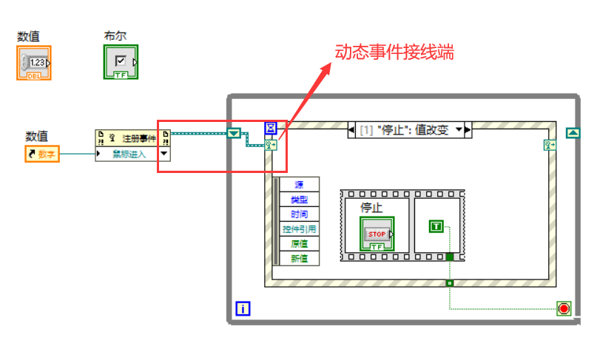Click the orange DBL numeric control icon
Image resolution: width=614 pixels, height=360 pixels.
pos(33,63)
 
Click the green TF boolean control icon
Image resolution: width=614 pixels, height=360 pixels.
pos(121,62)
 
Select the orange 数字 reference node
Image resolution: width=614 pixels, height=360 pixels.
pos(43,154)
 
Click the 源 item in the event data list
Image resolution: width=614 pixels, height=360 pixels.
pos(299,184)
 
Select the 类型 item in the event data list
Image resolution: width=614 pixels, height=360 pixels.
pos(299,199)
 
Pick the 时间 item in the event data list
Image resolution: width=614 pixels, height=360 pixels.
pos(299,214)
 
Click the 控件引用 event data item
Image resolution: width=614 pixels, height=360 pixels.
pos(299,228)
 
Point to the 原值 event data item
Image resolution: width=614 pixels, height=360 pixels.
pos(299,243)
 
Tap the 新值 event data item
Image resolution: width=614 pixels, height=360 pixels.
pos(299,258)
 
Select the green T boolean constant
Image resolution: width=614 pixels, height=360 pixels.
pos(436,227)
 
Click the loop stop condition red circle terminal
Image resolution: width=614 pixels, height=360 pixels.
pos(564,308)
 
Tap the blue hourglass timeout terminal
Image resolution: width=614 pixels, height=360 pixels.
pos(271,129)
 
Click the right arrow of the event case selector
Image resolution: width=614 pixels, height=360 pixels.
pos(468,130)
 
